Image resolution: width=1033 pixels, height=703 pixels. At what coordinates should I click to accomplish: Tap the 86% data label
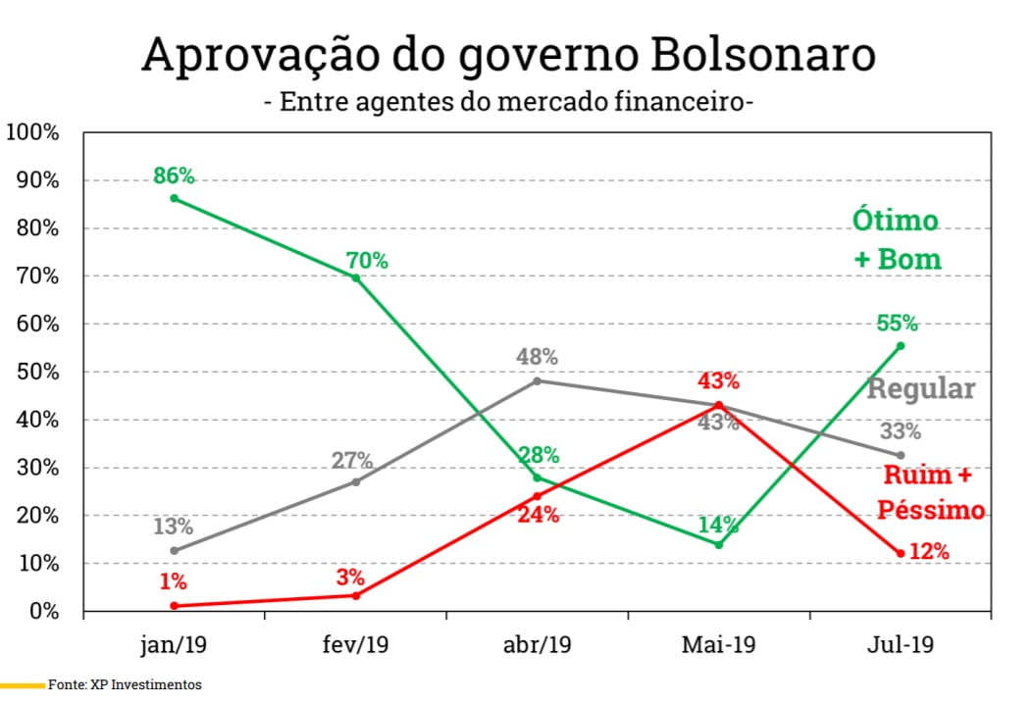pos(175,176)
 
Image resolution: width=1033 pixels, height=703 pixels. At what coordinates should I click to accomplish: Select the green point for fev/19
pos(356,277)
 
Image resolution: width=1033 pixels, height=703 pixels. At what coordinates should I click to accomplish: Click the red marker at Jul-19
pos(900,553)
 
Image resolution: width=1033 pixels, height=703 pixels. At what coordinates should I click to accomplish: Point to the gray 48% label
pos(537,357)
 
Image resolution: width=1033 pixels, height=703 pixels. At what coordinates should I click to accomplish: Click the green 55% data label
pos(897,323)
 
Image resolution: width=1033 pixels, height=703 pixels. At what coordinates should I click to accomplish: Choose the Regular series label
pos(920,389)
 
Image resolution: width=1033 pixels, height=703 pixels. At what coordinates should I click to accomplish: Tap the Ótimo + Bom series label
pos(894,240)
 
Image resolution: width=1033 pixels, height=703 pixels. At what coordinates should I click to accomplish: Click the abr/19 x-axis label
pos(537,645)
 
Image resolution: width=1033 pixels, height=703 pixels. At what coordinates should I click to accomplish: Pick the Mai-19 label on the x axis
pos(718,645)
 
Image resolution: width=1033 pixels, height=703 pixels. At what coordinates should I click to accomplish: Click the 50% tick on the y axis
pos(37,372)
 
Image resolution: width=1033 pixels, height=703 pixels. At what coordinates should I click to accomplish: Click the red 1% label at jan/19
pos(173,581)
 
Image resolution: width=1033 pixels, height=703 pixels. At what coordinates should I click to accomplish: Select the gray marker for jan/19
pos(175,550)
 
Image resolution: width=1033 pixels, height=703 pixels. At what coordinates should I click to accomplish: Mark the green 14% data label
pos(718,524)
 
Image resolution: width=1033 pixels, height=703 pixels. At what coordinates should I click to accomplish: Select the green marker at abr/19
pos(537,477)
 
